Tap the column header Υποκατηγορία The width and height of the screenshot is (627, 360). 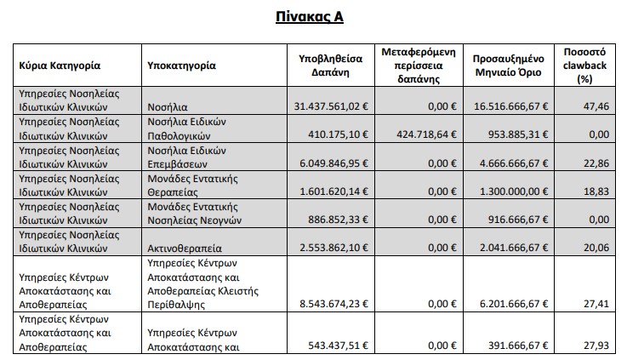180,65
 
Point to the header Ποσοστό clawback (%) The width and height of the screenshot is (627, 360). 584,65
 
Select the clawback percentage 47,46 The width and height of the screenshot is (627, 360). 598,107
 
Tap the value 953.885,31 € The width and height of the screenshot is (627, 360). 510,135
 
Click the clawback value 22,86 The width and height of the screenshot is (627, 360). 598,163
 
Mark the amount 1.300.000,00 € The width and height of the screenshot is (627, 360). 510,191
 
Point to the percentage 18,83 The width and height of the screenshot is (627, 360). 598,191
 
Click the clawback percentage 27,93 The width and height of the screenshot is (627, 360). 598,346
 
